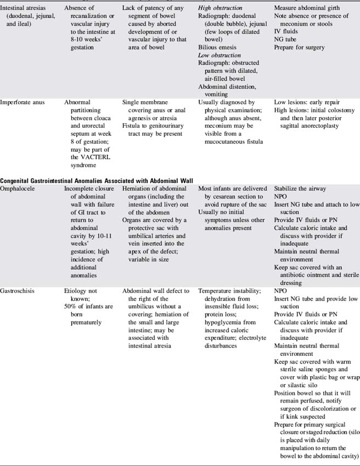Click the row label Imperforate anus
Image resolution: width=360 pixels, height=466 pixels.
[24, 102]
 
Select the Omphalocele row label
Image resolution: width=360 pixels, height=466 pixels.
[21, 189]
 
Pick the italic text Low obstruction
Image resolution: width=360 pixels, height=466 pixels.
[220, 55]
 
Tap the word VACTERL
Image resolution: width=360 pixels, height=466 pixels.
[82, 156]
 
